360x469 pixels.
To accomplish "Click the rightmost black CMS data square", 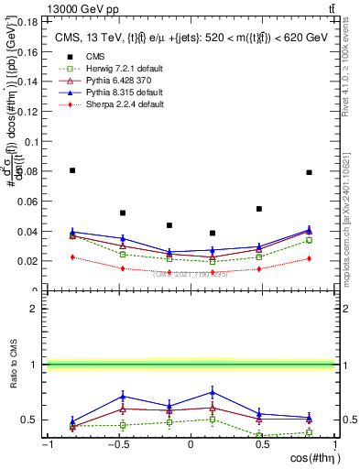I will [x=310, y=172].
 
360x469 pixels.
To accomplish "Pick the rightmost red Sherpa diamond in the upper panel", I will [x=310, y=258].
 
